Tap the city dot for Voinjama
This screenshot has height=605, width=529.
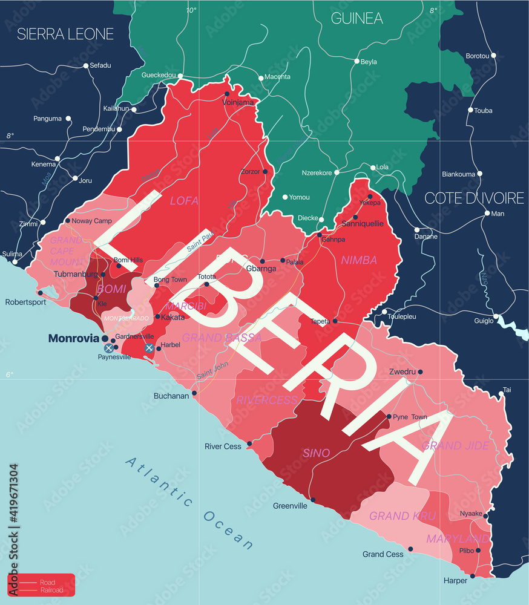point(227,94)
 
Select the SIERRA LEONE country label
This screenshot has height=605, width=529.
point(65,34)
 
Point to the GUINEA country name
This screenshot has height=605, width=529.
point(356,18)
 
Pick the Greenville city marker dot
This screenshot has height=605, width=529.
point(313,500)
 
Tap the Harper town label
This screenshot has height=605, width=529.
point(455,581)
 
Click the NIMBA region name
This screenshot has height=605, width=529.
point(359,260)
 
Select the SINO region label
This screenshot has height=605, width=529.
point(317,453)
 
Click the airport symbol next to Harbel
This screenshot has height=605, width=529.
point(149,348)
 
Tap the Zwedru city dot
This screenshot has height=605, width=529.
point(420,372)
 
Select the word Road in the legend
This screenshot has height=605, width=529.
point(47,582)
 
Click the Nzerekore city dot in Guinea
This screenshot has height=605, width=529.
point(337,172)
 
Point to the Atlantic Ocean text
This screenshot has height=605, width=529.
point(189,503)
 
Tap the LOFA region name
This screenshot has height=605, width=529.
point(184,200)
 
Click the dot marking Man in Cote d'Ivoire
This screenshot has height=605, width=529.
point(487,213)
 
